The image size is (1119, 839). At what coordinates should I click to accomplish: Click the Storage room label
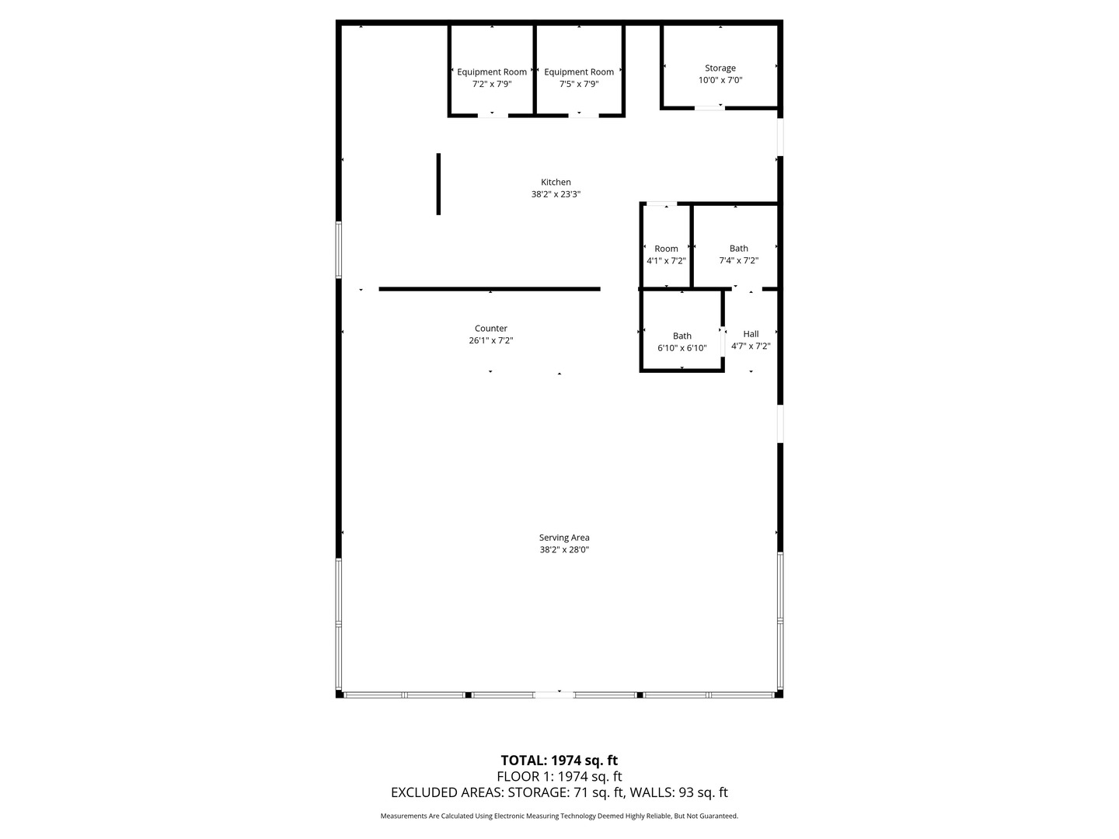pos(720,68)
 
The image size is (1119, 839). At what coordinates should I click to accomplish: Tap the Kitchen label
pos(556,183)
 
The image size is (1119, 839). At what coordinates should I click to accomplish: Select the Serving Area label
pos(564,538)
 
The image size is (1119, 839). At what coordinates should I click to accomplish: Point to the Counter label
pos(490,329)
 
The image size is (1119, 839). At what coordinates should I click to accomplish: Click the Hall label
pos(751,334)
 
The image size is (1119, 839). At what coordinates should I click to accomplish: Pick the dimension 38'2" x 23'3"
pos(556,195)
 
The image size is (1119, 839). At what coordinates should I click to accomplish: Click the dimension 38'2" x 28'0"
pos(564,550)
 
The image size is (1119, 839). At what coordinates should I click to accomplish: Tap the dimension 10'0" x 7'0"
pos(720,80)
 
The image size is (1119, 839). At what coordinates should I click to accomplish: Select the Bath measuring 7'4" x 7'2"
pos(738,249)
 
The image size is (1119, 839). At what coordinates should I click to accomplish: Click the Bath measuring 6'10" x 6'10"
pos(682,336)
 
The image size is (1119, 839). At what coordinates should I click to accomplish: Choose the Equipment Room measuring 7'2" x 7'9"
pos(491,72)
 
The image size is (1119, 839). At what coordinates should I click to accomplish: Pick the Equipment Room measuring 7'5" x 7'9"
pos(579,72)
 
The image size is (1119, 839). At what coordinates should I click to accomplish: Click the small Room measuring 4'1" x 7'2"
pos(666,249)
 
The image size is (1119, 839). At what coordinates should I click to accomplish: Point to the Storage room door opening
pos(709,108)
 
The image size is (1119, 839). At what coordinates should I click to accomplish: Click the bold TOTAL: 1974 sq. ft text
pos(559,761)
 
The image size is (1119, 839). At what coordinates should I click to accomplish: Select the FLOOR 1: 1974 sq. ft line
pos(559,777)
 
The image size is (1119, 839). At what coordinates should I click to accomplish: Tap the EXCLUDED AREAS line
pos(559,793)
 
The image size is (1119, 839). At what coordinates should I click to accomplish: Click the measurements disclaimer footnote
pos(559,816)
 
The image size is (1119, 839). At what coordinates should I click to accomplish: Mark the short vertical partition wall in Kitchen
pos(438,184)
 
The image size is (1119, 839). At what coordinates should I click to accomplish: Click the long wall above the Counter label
pos(490,289)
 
